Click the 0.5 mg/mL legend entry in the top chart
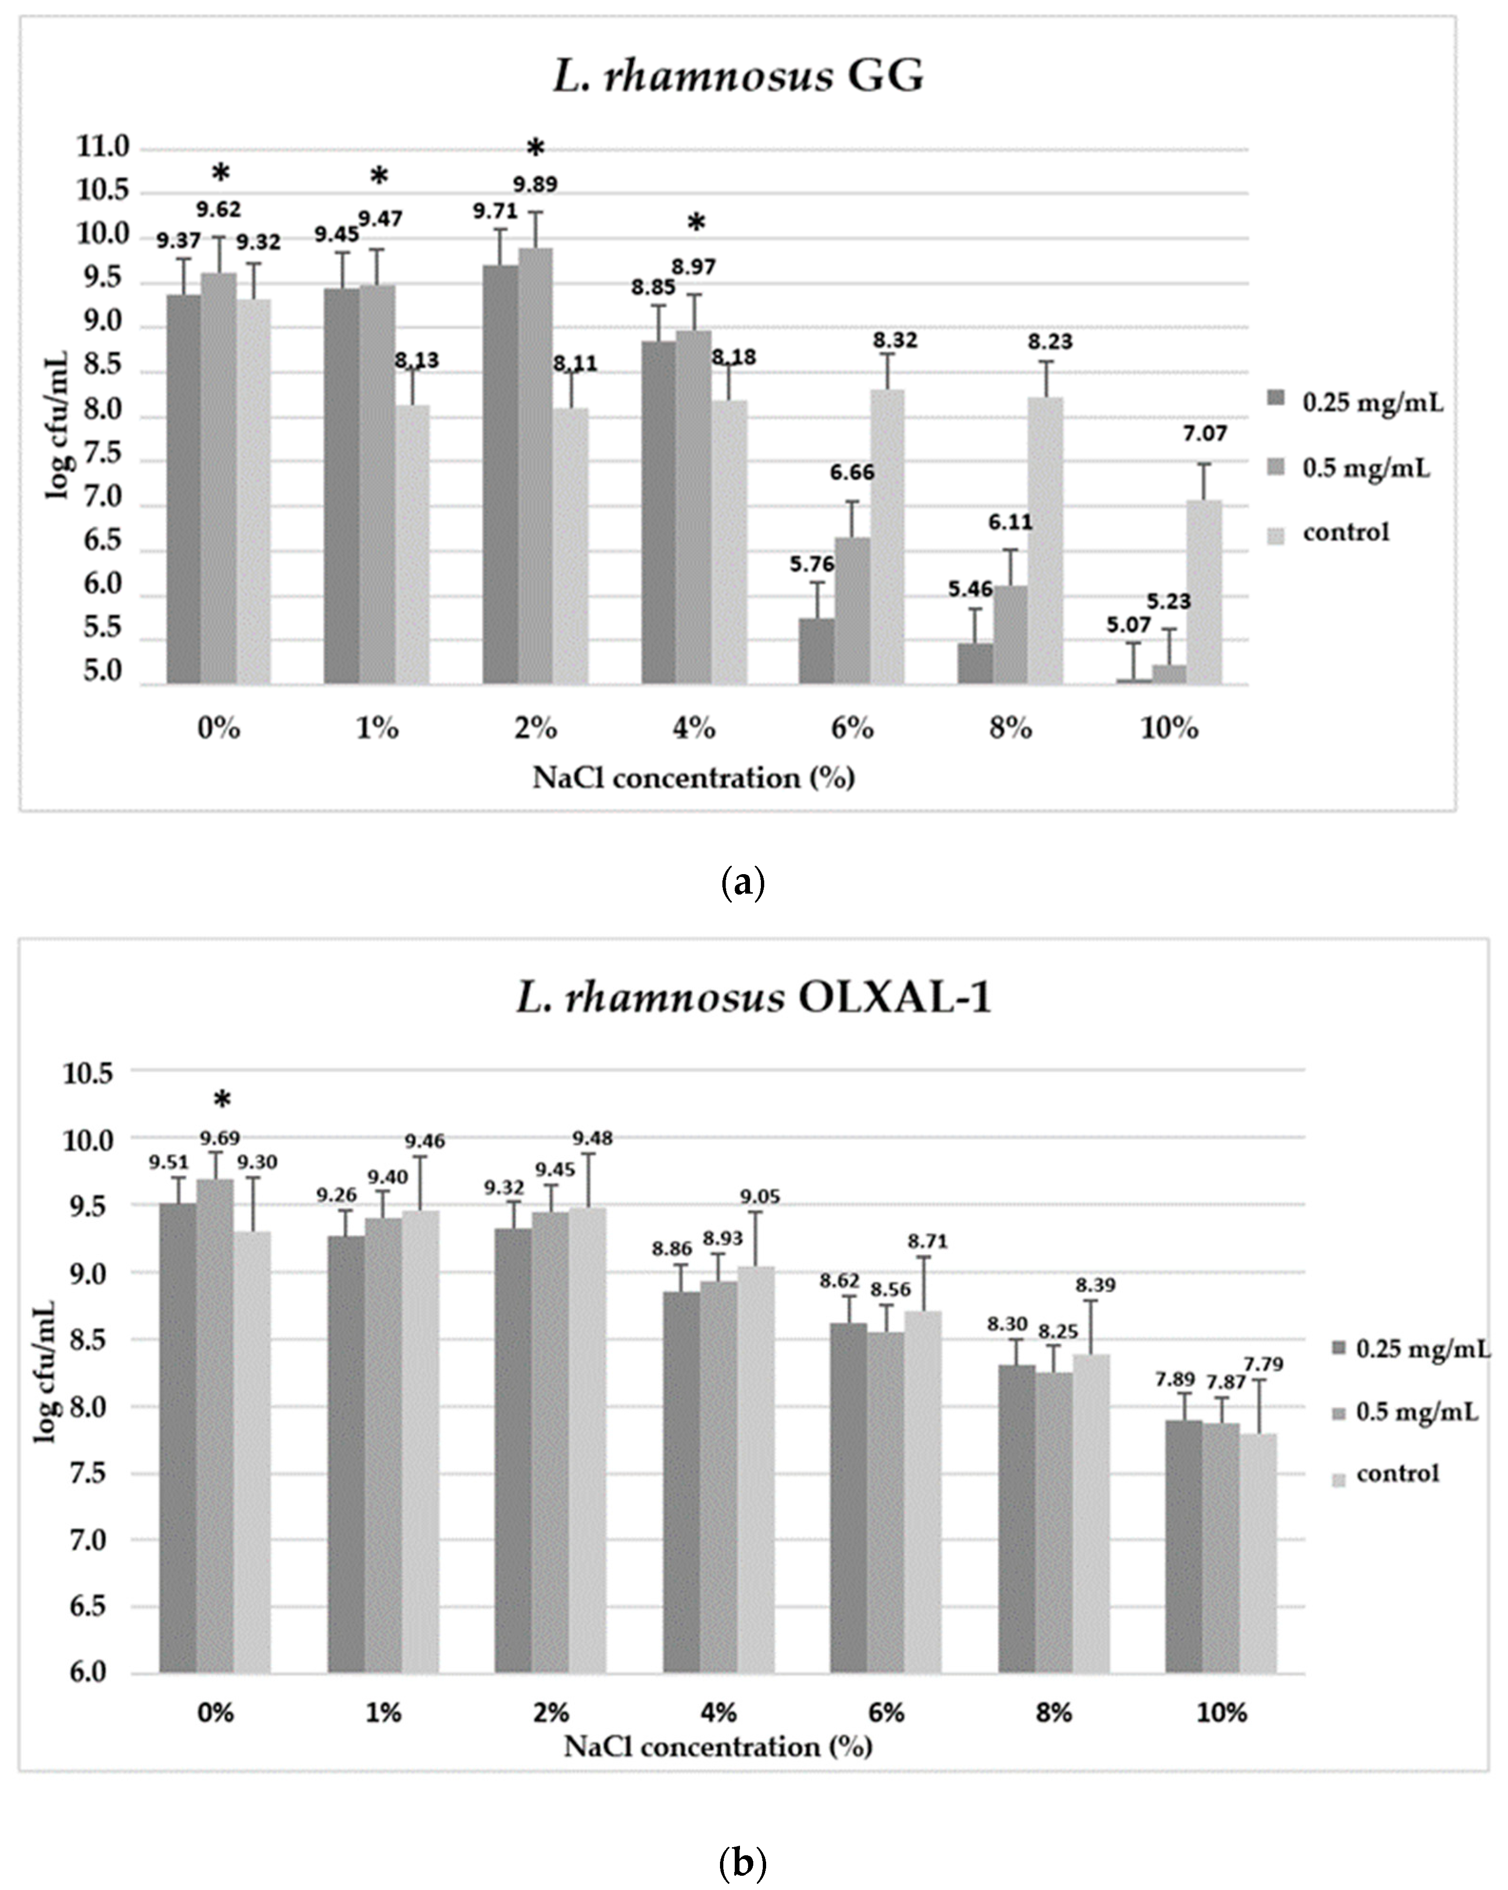coord(1365,469)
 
